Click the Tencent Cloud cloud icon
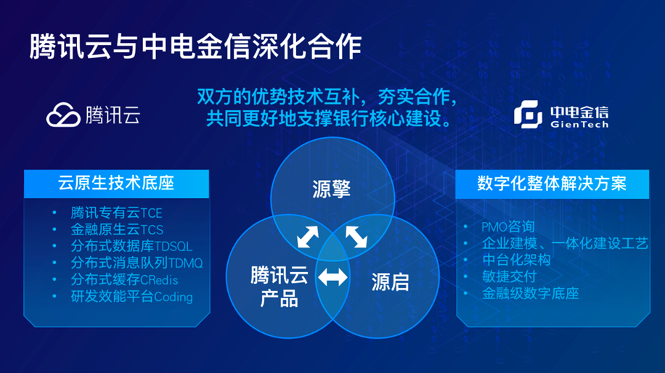pos(63,115)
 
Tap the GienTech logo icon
pos(528,114)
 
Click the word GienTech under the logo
pos(579,125)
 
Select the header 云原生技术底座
pos(116,183)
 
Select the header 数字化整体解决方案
pos(552,184)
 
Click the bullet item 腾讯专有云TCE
pos(117,213)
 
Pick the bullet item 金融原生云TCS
pos(117,229)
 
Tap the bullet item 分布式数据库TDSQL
pos(131,246)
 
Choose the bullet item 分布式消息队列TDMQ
pos(136,263)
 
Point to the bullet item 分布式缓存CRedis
pos(124,280)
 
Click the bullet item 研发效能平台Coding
pos(132,297)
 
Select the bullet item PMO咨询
pos(508,226)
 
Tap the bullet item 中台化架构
pos(516,260)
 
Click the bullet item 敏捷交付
pos(510,276)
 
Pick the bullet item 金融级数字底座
pos(530,293)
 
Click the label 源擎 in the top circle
pos(332,189)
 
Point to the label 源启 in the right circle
pos(390,282)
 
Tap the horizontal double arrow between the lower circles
pos(333,278)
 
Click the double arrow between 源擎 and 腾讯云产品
pos(308,237)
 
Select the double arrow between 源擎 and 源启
pos(356,237)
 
